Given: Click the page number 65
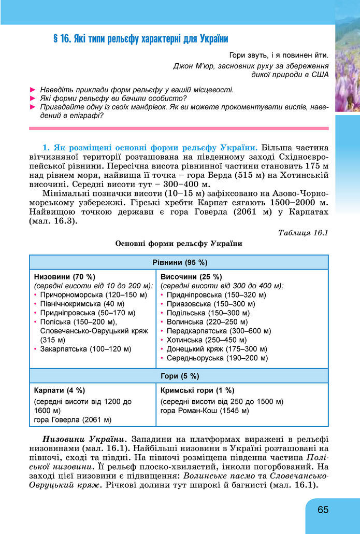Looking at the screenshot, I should click(323, 510).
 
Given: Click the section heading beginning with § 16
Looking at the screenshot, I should click(141, 39).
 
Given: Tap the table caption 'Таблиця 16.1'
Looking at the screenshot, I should click(303, 232).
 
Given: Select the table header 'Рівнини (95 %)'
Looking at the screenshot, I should click(179, 262).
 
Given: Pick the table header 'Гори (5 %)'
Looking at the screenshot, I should click(179, 376).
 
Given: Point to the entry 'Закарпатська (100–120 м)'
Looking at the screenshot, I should click(85, 349).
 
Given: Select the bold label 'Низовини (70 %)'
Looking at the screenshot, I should click(65, 276).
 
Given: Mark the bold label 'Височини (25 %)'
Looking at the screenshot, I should click(191, 276).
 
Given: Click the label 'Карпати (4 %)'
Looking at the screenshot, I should click(60, 390).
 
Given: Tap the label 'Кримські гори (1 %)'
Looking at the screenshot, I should click(197, 390).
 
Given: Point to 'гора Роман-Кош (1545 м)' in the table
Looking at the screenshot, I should click(205, 411).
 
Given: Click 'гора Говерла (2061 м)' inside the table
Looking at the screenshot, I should click(73, 419).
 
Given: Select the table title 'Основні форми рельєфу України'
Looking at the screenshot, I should click(179, 243).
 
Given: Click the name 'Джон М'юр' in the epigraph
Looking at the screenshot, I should click(194, 66).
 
